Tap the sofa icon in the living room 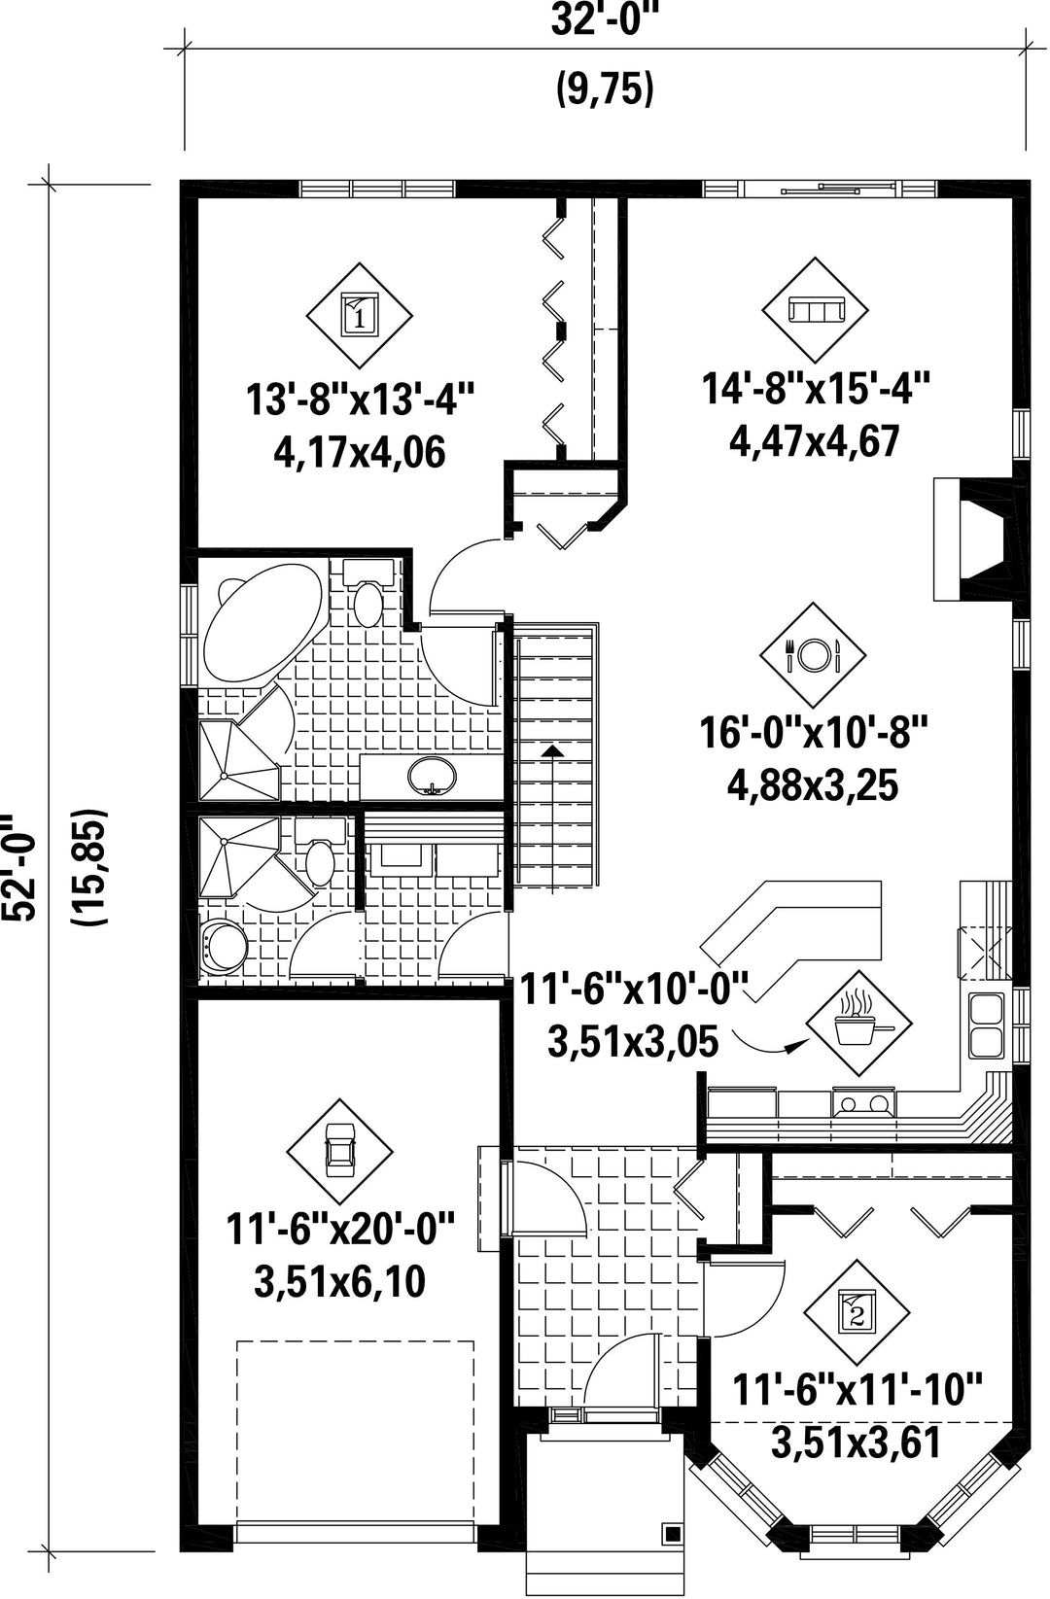[815, 310]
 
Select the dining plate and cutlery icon [813, 654]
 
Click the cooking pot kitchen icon [859, 1023]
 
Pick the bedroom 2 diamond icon [857, 1313]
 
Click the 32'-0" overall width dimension [604, 21]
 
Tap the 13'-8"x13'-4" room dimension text [360, 400]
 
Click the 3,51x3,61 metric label [856, 1443]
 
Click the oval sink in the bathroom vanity [431, 776]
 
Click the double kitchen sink [986, 1025]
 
